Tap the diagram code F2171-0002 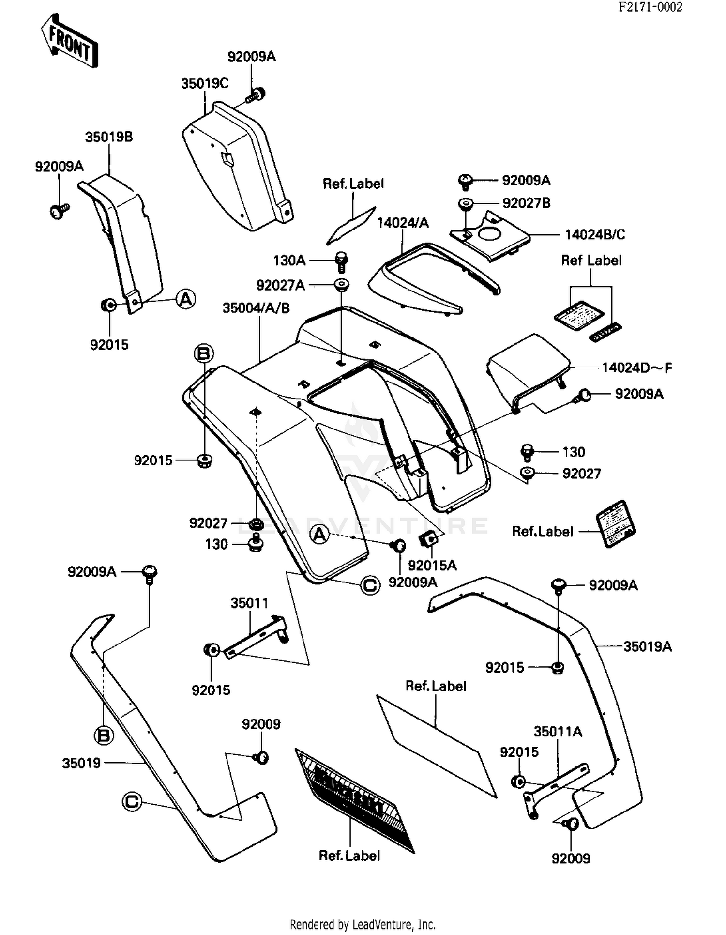[650, 7]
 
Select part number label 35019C [205, 84]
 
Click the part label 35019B [109, 137]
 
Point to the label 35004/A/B [256, 308]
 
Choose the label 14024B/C [595, 235]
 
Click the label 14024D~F [636, 368]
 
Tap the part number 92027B [526, 203]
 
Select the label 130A [289, 261]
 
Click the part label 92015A [432, 565]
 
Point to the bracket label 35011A [558, 732]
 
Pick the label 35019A [647, 646]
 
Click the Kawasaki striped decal [355, 800]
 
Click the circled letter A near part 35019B [185, 299]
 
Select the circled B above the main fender [203, 353]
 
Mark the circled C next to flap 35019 [132, 801]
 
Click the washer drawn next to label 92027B [466, 203]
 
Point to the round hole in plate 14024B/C [490, 234]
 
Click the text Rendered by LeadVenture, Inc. [363, 924]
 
